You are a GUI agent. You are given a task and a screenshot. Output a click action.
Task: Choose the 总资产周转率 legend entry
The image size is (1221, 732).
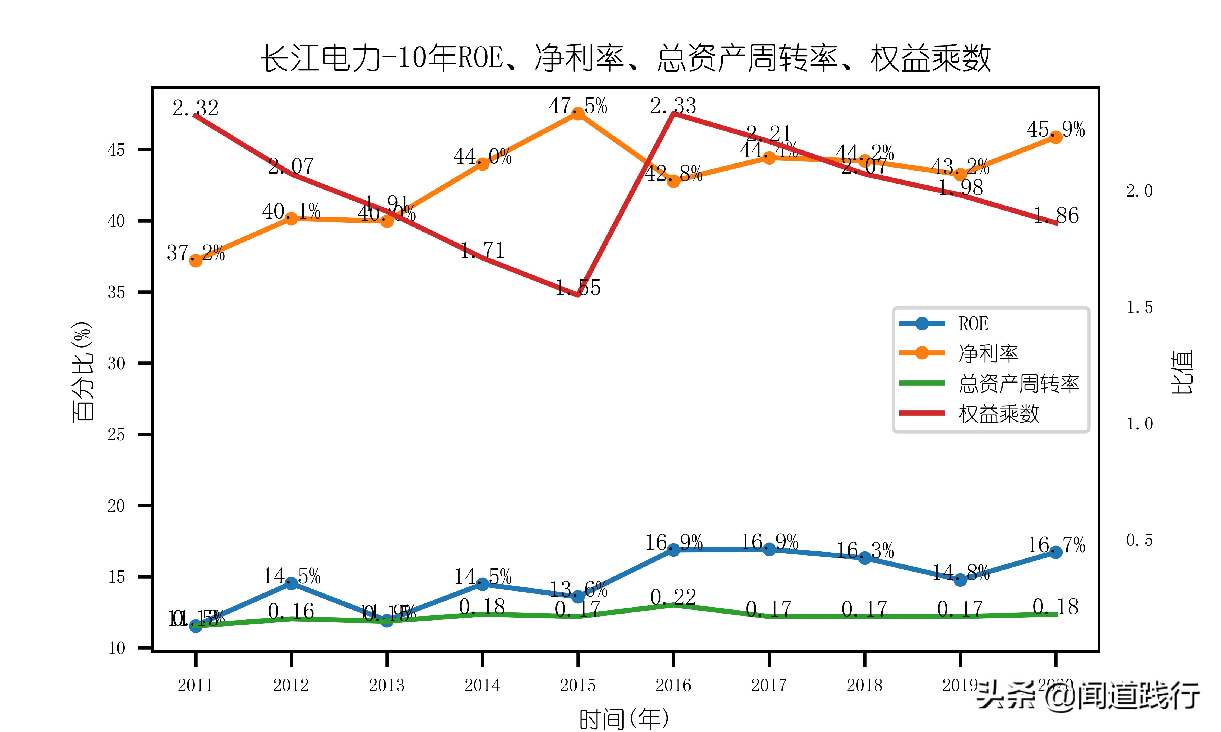1018,384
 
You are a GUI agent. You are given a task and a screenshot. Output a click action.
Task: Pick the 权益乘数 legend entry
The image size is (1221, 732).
999,414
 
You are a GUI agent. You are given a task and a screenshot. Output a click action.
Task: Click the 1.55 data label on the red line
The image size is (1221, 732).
578,288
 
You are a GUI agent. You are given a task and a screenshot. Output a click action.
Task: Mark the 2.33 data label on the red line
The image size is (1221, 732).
673,105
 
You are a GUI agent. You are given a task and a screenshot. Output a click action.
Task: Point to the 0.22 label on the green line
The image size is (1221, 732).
673,597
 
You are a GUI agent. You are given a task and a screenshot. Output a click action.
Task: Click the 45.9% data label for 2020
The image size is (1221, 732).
1056,130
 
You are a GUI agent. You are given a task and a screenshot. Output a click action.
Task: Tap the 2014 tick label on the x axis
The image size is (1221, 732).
482,685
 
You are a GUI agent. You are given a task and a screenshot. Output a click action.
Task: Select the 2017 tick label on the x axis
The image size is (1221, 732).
769,685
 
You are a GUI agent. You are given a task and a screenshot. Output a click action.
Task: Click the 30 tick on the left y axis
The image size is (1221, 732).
116,364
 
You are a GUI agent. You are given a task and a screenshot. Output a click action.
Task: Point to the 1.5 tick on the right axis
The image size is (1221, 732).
1139,307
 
